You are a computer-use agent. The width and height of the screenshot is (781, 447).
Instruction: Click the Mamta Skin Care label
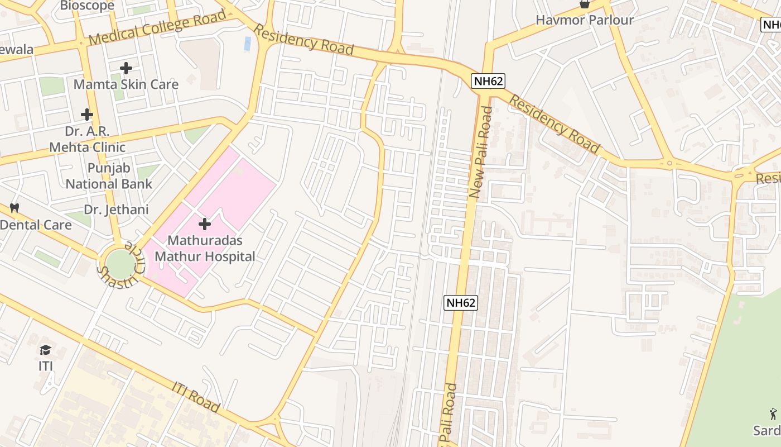click(x=126, y=84)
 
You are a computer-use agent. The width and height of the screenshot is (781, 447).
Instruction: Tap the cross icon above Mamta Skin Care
click(x=126, y=68)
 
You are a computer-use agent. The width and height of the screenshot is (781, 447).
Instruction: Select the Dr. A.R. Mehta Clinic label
click(x=88, y=139)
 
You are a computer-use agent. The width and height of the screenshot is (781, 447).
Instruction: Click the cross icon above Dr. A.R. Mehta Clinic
click(x=87, y=115)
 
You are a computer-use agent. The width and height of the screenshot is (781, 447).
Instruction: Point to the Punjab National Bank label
click(x=109, y=175)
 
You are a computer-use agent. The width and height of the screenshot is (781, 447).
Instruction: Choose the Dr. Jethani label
click(x=116, y=210)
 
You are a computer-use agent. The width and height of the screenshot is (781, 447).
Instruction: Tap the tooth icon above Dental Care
click(x=15, y=208)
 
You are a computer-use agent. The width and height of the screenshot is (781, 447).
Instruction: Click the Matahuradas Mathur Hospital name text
click(x=205, y=249)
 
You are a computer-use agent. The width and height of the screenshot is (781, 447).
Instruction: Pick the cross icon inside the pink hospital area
click(x=205, y=224)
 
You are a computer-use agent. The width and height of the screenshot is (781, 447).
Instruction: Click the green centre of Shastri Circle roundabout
click(x=120, y=263)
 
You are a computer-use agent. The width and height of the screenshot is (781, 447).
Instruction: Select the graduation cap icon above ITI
click(x=45, y=350)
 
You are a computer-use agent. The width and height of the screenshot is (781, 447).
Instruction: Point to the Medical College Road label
click(x=157, y=28)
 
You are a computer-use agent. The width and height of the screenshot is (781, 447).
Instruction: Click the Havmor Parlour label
click(x=585, y=20)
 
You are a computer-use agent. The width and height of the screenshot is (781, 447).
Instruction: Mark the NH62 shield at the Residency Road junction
click(x=488, y=81)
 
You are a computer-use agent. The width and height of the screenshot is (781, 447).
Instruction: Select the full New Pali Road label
click(x=481, y=153)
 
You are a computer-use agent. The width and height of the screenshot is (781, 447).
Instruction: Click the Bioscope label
click(x=87, y=6)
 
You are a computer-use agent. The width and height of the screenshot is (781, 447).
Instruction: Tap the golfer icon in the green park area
click(x=773, y=414)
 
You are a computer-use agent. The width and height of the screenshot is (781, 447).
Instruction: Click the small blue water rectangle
click(x=247, y=44)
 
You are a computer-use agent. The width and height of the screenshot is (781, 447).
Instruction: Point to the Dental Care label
click(x=36, y=225)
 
